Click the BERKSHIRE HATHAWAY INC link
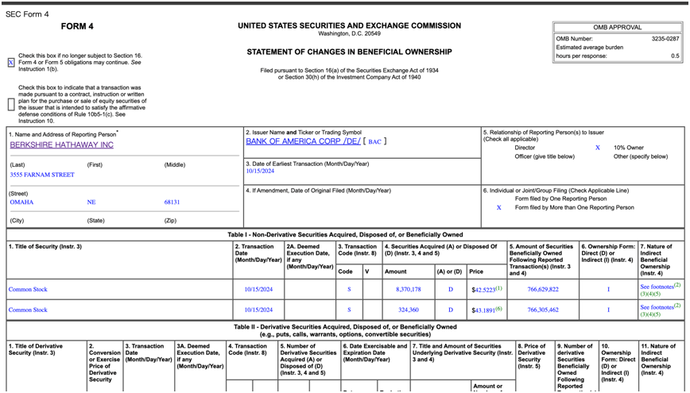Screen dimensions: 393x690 pyautogui.click(x=62, y=145)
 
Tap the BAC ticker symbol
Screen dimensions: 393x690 pyautogui.click(x=375, y=141)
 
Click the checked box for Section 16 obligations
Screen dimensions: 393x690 pyautogui.click(x=10, y=64)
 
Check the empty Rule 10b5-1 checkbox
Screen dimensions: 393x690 pyautogui.click(x=10, y=104)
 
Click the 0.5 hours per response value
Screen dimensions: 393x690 pyautogui.click(x=675, y=56)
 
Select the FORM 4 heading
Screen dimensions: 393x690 pyautogui.click(x=78, y=26)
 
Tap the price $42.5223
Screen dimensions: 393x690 pyautogui.click(x=486, y=290)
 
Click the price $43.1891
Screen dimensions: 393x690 pyautogui.click(x=486, y=310)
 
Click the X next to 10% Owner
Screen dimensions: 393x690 pyautogui.click(x=598, y=148)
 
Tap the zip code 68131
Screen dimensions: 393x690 pyautogui.click(x=172, y=202)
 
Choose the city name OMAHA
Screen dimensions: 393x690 pyautogui.click(x=21, y=202)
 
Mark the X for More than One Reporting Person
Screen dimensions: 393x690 pyautogui.click(x=499, y=207)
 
